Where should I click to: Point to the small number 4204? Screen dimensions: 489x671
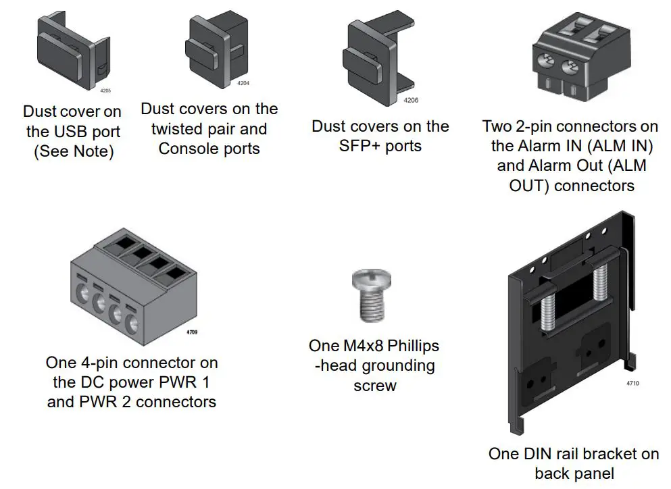[x=243, y=83]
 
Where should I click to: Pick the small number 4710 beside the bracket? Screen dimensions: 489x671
[x=632, y=384]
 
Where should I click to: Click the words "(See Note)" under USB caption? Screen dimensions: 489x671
[x=74, y=151]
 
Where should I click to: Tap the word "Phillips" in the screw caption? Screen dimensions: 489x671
[x=405, y=346]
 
